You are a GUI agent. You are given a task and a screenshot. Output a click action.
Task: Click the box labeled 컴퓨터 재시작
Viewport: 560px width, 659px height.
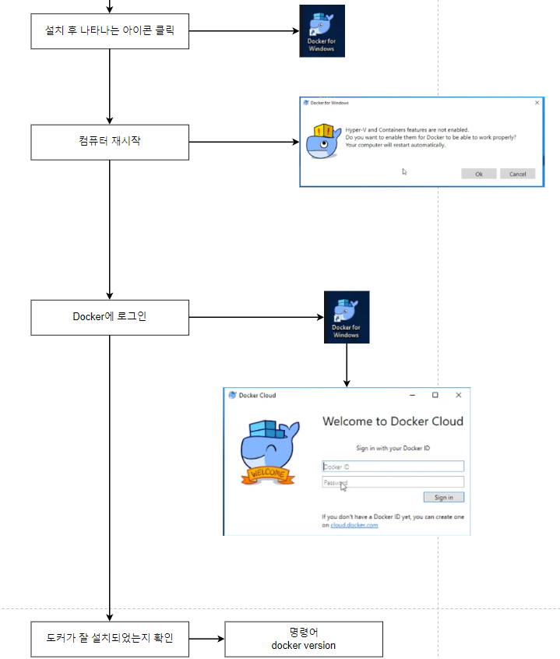pos(109,143)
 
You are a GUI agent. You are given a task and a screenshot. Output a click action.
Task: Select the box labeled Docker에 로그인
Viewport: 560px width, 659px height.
pos(109,317)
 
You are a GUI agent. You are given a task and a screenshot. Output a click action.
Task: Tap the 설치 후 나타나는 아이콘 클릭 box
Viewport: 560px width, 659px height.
pos(109,31)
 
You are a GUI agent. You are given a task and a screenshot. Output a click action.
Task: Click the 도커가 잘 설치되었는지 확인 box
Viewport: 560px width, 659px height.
pos(109,639)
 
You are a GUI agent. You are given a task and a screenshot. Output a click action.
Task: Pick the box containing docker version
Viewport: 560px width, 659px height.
pos(304,639)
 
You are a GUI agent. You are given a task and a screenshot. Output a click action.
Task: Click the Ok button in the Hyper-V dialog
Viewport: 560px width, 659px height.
pos(478,174)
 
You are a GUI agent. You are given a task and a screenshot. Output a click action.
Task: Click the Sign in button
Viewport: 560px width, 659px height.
pos(443,497)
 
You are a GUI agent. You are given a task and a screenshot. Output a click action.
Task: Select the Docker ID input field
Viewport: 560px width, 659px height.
pos(393,467)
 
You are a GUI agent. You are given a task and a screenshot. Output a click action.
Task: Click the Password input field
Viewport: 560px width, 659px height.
pos(393,482)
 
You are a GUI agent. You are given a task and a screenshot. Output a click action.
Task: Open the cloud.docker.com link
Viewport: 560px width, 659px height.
pos(354,525)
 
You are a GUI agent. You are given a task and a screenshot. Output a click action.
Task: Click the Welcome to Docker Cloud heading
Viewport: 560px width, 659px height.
pos(393,421)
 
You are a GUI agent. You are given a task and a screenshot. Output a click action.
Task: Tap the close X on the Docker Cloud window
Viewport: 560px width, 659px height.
pos(458,395)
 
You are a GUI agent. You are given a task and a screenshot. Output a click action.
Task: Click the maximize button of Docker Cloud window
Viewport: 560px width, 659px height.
pos(435,395)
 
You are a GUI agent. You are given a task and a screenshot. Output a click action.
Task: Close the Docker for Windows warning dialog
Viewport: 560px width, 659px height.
pos(537,102)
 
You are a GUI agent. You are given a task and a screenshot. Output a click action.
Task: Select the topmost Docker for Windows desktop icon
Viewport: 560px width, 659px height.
pos(322,31)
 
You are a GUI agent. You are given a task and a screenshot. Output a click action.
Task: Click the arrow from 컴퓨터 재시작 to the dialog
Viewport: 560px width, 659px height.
pos(244,143)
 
